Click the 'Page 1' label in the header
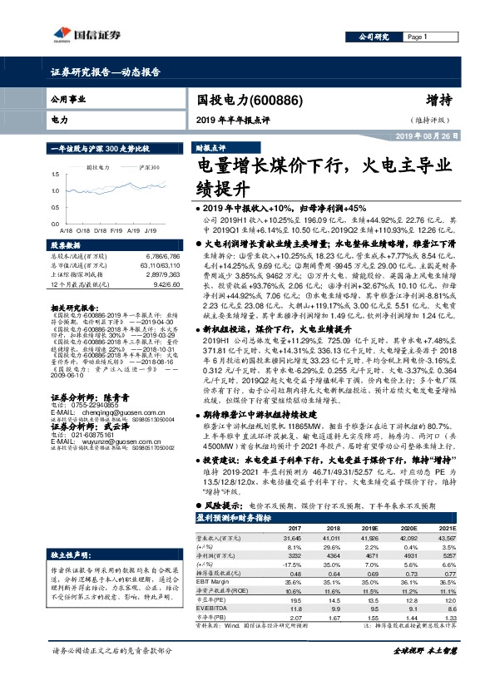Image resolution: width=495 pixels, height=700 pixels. tap(416, 37)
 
